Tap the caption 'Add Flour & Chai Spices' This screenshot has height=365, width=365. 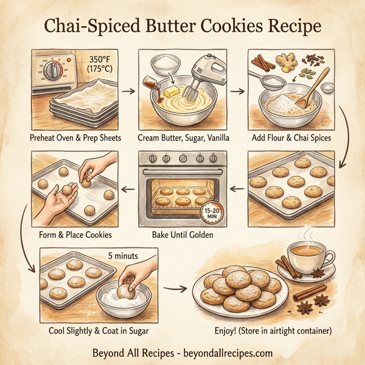[291, 137]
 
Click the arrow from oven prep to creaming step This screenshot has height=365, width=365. [128, 91]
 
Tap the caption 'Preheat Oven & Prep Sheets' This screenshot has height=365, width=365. [75, 137]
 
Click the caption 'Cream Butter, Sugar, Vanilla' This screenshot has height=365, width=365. [184, 137]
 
